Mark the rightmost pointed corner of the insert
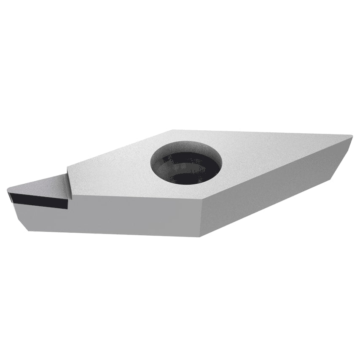coord(351,136)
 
